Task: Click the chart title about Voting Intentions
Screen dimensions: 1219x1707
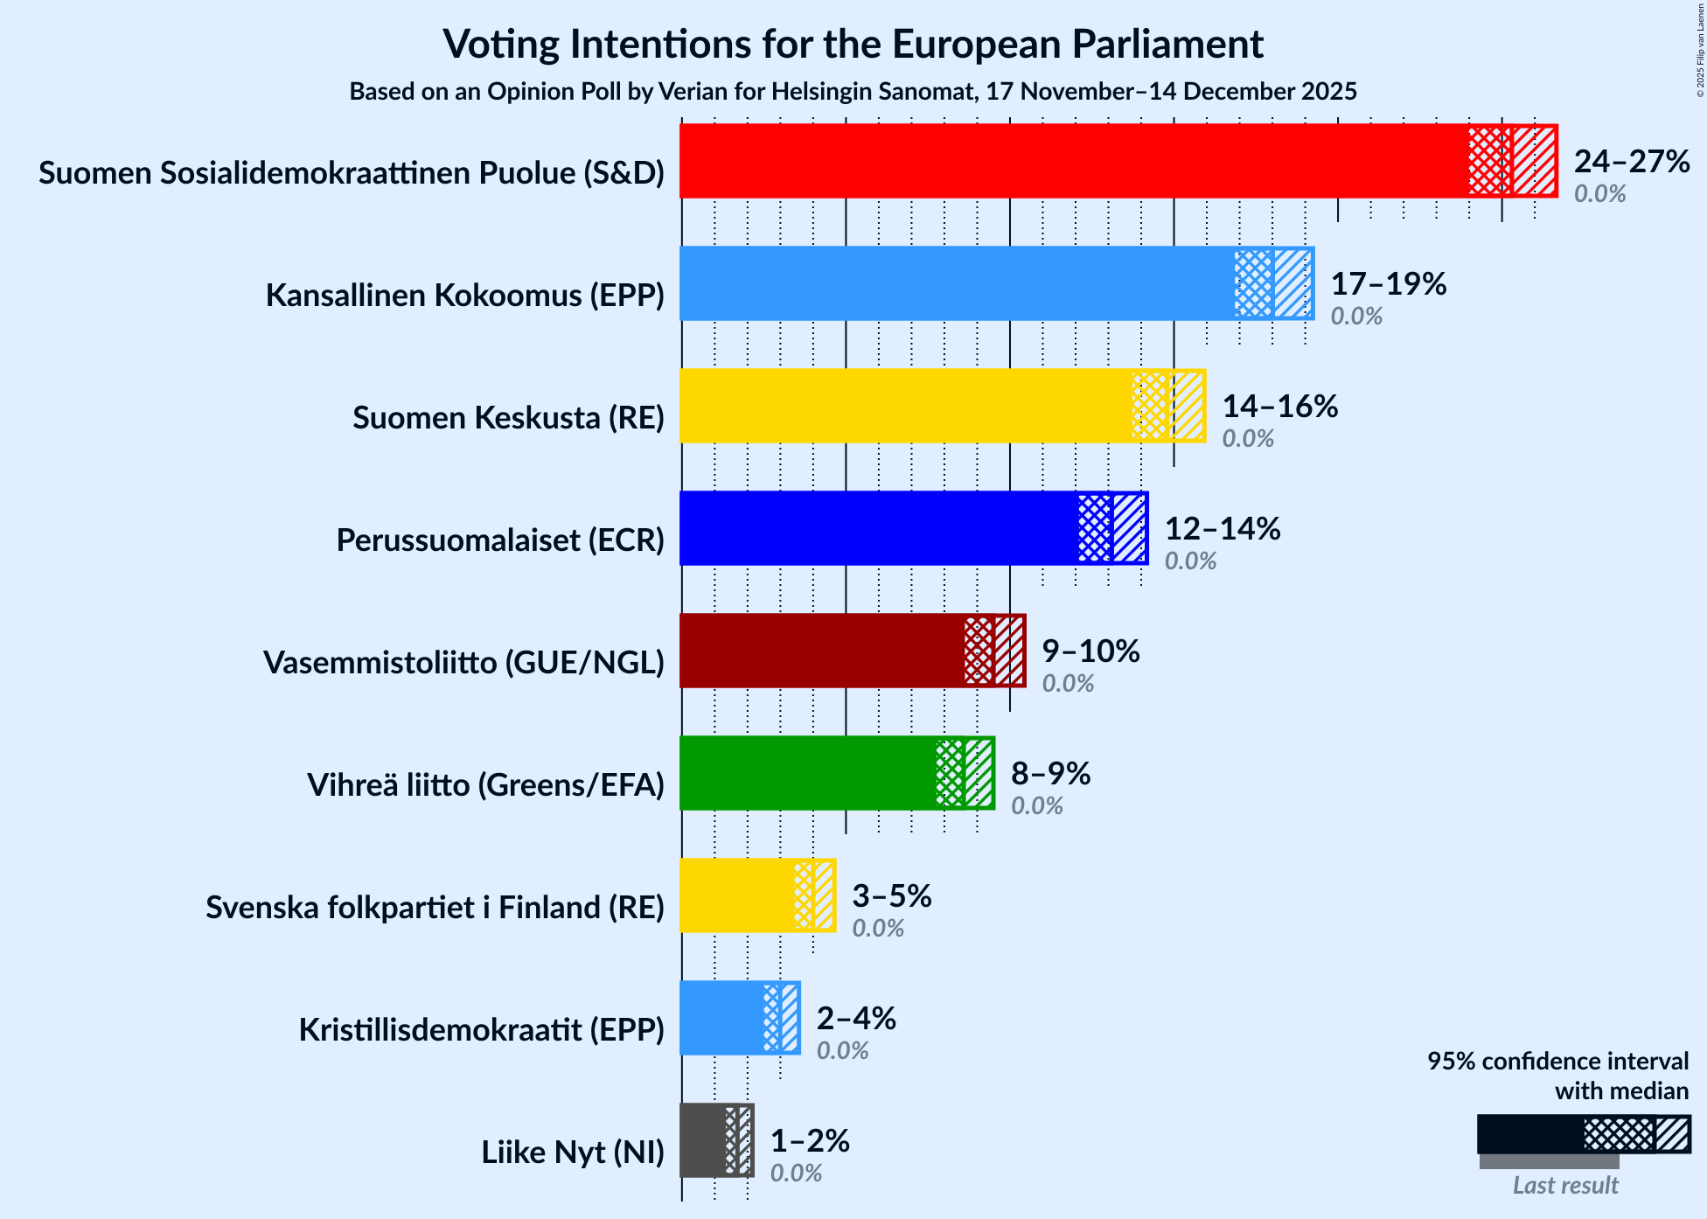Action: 853,44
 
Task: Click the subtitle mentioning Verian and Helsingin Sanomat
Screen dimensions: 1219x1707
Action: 853,92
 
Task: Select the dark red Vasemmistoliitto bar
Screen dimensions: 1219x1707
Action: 822,651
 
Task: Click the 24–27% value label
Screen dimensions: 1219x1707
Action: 1632,162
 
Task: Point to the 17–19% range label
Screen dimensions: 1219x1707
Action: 1389,284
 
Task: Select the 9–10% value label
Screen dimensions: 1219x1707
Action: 1090,651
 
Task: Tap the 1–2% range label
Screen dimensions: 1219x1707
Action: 810,1141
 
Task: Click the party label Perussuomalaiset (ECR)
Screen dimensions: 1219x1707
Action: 500,540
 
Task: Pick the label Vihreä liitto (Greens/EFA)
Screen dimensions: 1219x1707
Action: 485,785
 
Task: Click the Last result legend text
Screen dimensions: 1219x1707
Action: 1565,1186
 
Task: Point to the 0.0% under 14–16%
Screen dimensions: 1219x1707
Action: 1248,439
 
